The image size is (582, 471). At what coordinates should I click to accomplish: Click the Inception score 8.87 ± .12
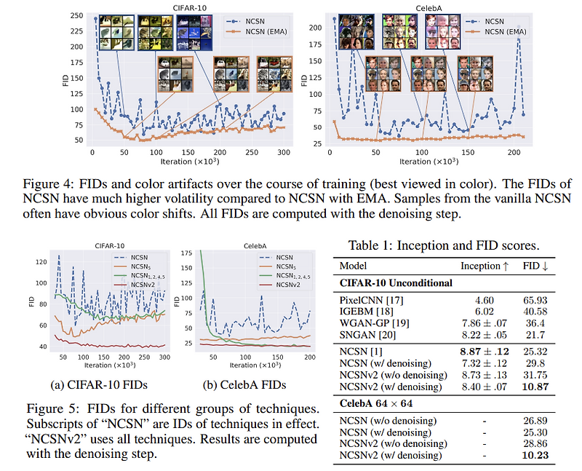[484, 350]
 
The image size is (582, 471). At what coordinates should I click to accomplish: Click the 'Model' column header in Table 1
[353, 266]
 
